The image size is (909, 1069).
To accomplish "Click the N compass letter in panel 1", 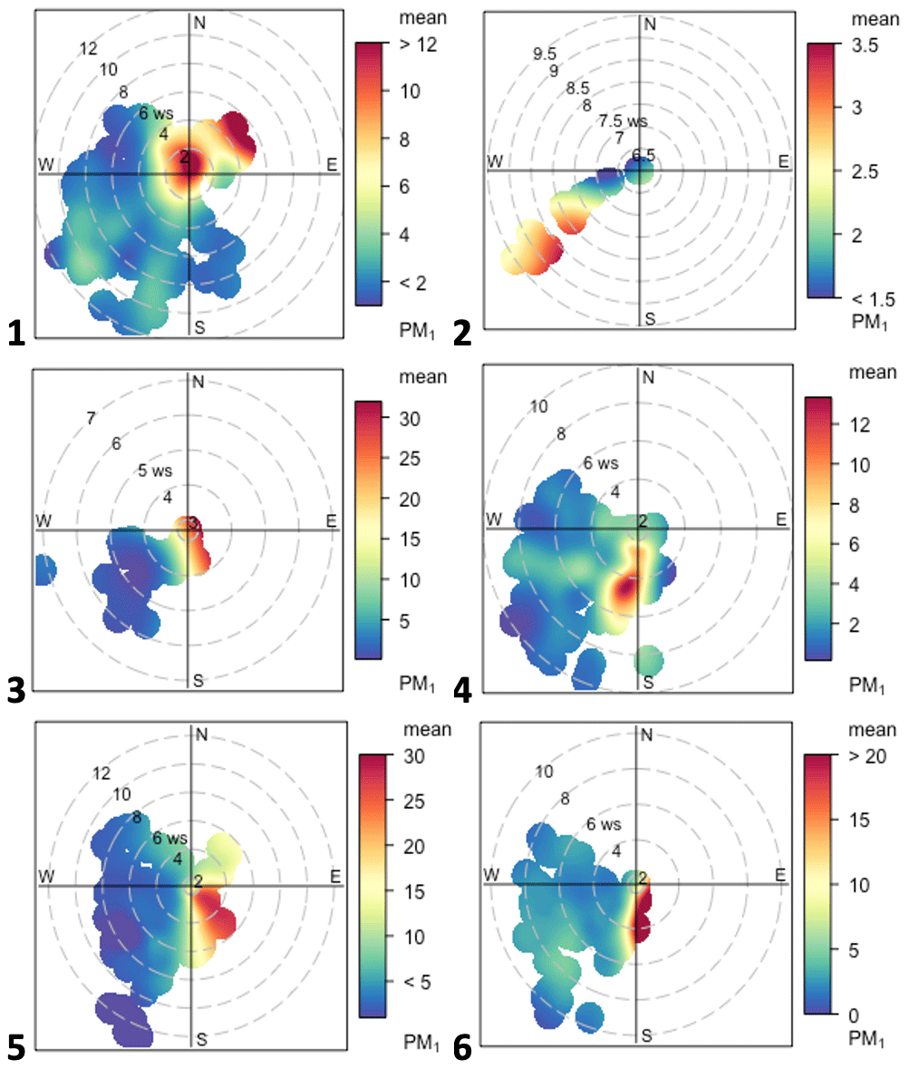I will click(x=199, y=23).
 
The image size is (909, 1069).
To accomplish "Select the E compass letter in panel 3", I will click(x=332, y=520).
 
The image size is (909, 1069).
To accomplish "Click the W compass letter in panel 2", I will click(x=495, y=161).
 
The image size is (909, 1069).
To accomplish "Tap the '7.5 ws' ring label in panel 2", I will click(x=623, y=121).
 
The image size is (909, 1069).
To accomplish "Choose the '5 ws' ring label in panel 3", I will click(x=155, y=471).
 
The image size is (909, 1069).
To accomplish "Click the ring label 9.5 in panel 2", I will click(x=545, y=54).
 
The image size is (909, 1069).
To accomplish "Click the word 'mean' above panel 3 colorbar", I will click(x=424, y=376).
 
